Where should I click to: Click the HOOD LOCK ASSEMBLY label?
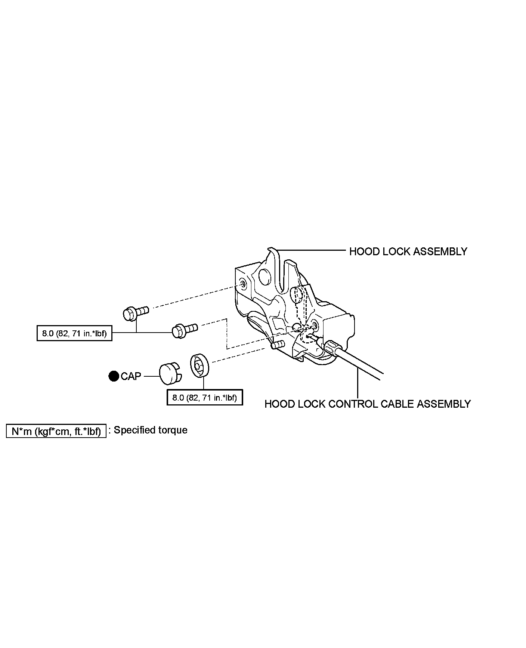click(x=408, y=252)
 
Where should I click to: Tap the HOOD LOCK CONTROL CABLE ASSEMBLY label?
click(x=367, y=404)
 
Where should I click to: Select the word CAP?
click(x=131, y=376)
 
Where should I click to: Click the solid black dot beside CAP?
click(x=114, y=376)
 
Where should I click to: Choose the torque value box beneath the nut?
click(x=204, y=398)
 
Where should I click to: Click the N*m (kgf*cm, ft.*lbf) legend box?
click(x=56, y=431)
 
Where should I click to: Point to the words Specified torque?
click(x=150, y=430)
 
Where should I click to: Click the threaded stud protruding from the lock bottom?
click(x=278, y=344)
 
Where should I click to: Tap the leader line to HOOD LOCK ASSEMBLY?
click(x=310, y=250)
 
